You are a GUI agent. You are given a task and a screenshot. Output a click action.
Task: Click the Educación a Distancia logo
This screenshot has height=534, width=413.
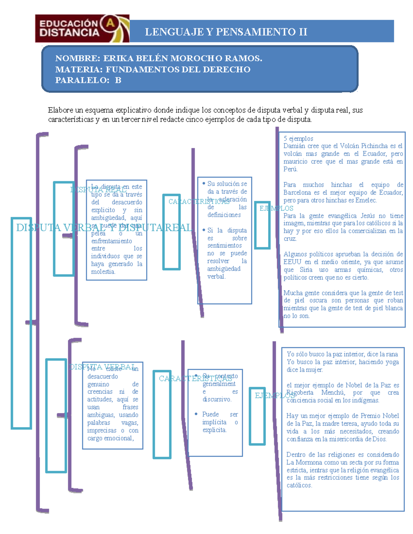[82, 29]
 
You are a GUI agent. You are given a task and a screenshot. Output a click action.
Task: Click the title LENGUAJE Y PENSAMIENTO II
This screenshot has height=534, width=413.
[226, 32]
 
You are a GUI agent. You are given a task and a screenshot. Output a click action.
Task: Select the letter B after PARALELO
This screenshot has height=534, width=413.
[118, 80]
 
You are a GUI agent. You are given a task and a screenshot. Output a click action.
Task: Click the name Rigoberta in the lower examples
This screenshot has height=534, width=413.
[300, 393]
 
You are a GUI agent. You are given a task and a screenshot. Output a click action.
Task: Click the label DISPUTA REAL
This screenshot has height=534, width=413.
[98, 190]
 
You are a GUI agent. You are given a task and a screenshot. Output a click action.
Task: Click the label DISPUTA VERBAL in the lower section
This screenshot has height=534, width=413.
[102, 367]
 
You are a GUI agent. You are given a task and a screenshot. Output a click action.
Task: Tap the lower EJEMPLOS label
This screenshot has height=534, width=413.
[275, 395]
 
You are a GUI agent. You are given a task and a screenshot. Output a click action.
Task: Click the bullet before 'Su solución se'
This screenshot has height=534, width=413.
[204, 184]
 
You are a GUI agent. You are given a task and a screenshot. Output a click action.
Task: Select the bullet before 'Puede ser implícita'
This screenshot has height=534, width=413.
[196, 414]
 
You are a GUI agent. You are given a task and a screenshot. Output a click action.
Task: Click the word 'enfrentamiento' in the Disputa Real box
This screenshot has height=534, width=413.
[112, 241]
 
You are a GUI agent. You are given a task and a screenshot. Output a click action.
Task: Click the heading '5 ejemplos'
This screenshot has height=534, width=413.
[298, 139]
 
